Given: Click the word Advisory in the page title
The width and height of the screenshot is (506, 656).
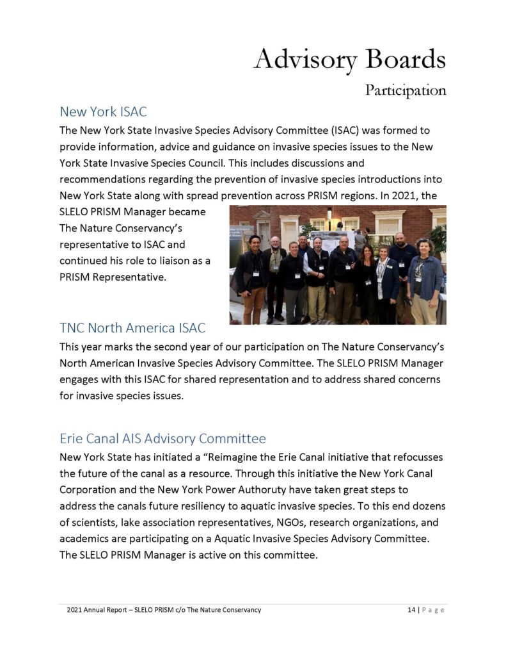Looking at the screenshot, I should coord(304,60).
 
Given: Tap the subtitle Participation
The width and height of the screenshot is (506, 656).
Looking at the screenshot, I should coord(406,90).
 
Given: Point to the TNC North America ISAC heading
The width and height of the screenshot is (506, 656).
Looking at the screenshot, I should coord(132,328).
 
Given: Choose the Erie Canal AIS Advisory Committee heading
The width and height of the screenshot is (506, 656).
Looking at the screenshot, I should coord(162,439).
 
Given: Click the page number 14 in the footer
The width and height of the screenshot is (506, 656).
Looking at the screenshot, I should coord(412,610).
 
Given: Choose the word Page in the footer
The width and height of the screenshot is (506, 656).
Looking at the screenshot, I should coord(433,610).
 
